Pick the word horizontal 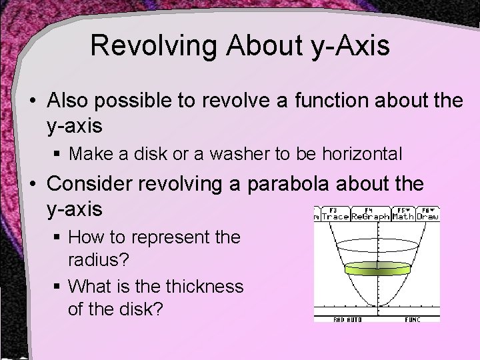[362, 154]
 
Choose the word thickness [205, 286]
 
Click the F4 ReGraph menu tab [370, 213]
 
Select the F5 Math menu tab [402, 213]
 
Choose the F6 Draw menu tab [427, 213]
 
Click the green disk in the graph [377, 269]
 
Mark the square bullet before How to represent [59, 237]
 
